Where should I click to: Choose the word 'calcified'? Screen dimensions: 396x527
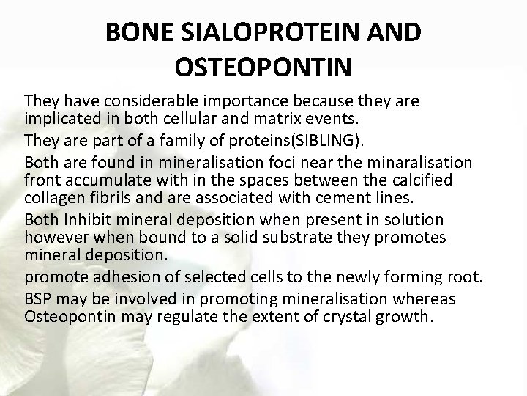(425, 180)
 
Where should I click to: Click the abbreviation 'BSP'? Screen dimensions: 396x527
(37, 299)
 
